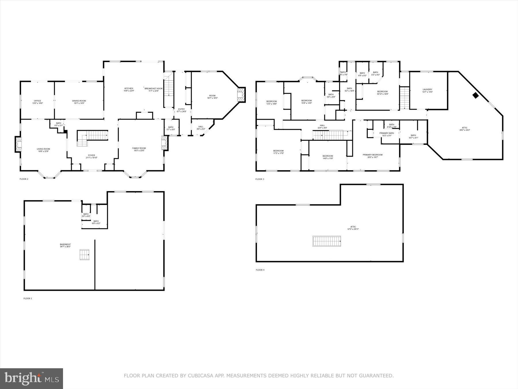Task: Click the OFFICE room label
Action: [37, 101]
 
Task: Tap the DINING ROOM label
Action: [79, 101]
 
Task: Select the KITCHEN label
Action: [129, 88]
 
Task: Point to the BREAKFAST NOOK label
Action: [153, 88]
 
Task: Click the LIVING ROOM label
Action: [43, 149]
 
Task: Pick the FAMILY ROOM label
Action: [139, 148]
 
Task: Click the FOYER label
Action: [92, 156]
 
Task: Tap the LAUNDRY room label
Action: [427, 90]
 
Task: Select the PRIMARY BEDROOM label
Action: [372, 155]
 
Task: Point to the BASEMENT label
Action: [65, 245]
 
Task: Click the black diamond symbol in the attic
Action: [476, 95]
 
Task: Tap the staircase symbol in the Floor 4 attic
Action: [327, 241]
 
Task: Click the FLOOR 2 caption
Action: [24, 179]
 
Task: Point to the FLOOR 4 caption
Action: [260, 270]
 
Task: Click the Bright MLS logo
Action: [31, 378]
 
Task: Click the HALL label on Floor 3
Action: [322, 125]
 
